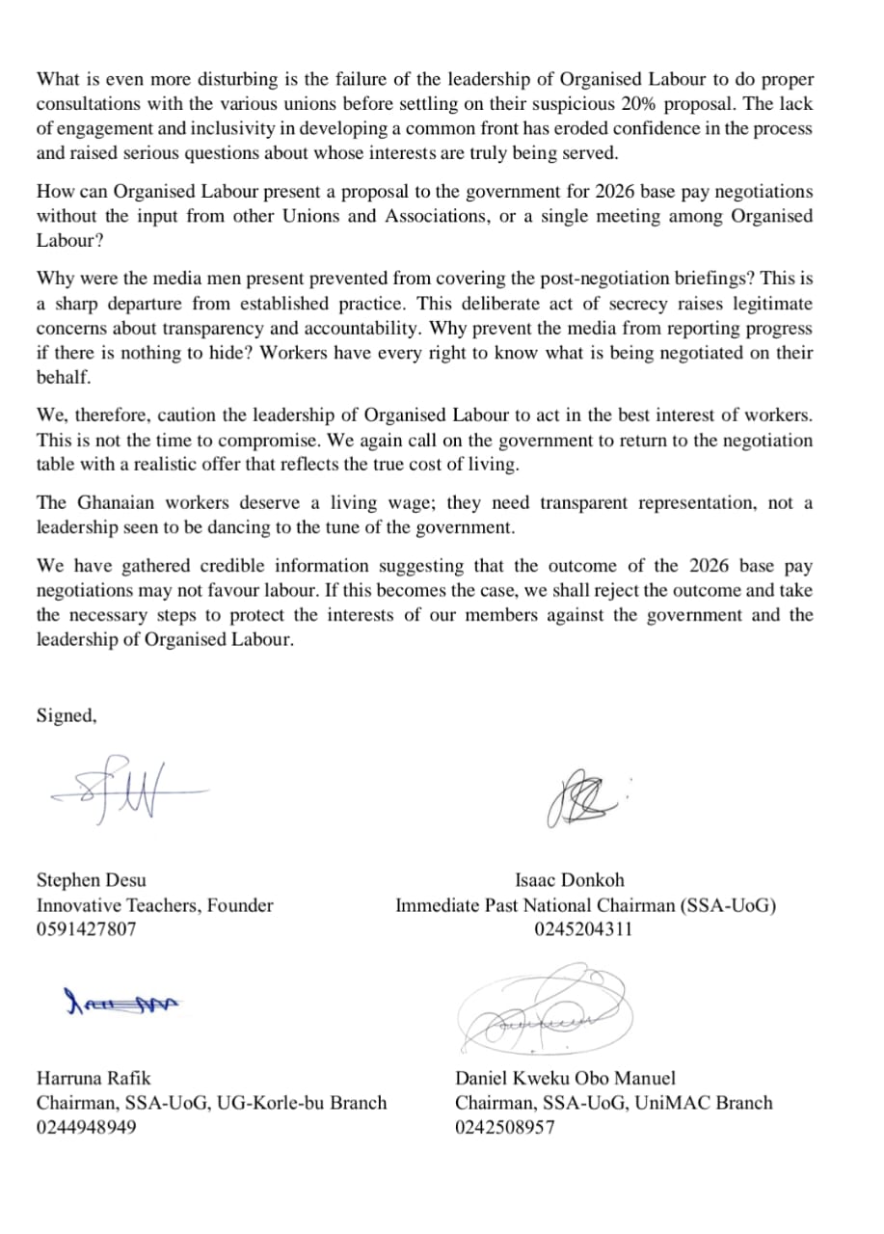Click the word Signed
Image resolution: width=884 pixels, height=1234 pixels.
(67, 715)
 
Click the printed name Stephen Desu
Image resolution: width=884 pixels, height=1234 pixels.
(92, 880)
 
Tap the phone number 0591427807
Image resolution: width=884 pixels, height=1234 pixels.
(87, 930)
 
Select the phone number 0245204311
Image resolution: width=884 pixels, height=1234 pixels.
(583, 930)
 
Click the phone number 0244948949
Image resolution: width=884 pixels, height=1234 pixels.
(87, 1127)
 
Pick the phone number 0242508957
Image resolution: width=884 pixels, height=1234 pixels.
(505, 1127)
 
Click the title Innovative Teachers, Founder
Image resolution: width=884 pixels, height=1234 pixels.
(154, 905)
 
